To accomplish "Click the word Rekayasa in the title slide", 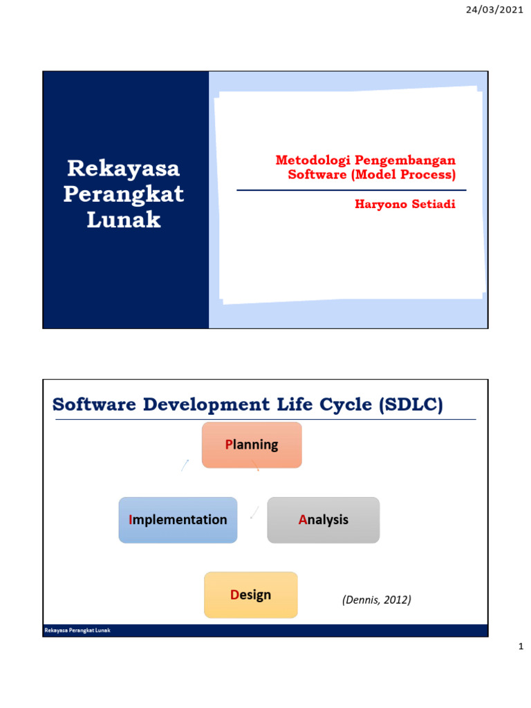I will (x=123, y=168).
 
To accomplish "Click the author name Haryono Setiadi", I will (x=404, y=205).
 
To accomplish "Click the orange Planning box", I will (x=252, y=445).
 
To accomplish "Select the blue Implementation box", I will (x=178, y=520).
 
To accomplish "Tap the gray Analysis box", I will (x=324, y=520).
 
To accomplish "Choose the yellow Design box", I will (x=251, y=595).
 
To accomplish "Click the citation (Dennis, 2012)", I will (x=376, y=600).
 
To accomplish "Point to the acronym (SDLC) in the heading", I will (x=411, y=405).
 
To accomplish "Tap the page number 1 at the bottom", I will (x=521, y=648).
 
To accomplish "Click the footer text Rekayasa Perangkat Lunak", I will (x=77, y=631).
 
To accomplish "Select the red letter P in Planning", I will (x=229, y=445).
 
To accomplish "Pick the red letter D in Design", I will (x=234, y=595).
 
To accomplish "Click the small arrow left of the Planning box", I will (x=185, y=465).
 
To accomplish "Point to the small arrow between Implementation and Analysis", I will (x=254, y=512).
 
